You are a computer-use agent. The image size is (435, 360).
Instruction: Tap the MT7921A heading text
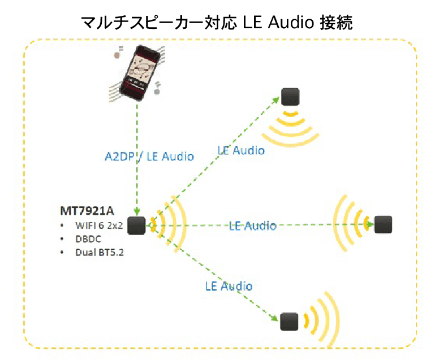pyautogui.click(x=87, y=211)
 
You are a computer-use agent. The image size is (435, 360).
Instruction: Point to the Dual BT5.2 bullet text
pyautogui.click(x=100, y=252)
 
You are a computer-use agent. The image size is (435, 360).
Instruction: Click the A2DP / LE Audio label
pyautogui.click(x=149, y=157)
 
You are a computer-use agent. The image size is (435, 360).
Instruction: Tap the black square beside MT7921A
pyautogui.click(x=137, y=225)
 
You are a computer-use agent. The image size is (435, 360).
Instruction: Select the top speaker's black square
pyautogui.click(x=291, y=97)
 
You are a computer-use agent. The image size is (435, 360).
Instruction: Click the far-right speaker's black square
pyautogui.click(x=383, y=224)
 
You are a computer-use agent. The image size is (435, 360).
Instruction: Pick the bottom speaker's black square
pyautogui.click(x=289, y=322)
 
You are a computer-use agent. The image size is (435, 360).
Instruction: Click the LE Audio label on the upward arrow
pyautogui.click(x=241, y=150)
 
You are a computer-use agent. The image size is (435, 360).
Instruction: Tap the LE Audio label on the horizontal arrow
pyautogui.click(x=253, y=225)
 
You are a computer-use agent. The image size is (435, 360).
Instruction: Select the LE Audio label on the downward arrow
pyautogui.click(x=229, y=286)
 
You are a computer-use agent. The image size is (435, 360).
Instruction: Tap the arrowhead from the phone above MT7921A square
pyautogui.click(x=137, y=212)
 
